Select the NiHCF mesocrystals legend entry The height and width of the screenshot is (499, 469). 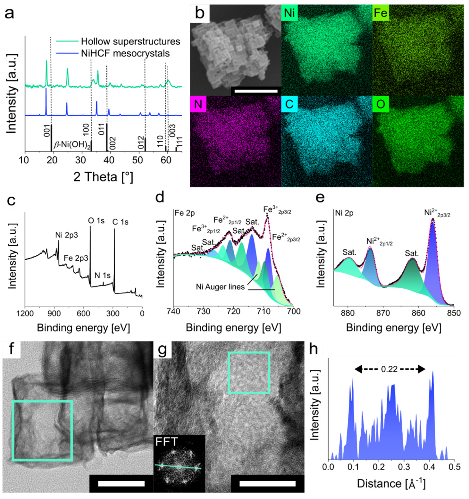125,53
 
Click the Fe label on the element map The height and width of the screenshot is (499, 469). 381,13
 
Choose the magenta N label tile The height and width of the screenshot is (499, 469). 198,104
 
